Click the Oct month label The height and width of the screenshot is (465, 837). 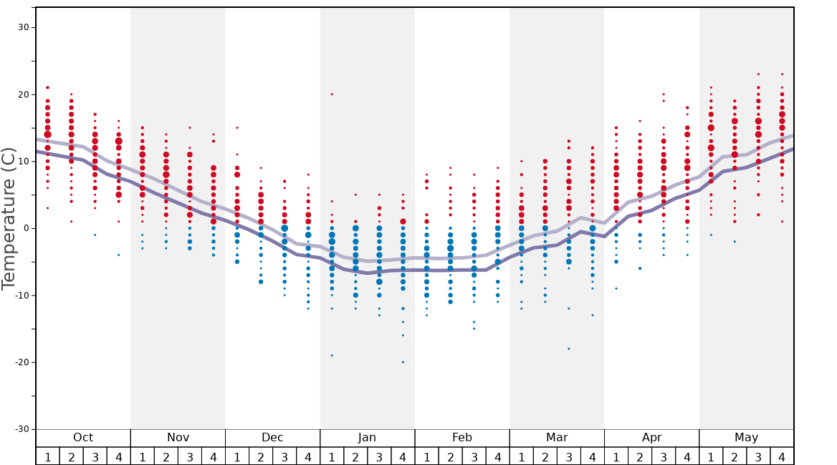(83, 438)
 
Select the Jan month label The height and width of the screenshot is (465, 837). (367, 438)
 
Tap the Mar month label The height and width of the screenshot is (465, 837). (557, 438)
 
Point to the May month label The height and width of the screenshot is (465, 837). (746, 438)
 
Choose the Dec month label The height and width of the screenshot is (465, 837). (272, 438)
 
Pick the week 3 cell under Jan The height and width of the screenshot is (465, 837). (379, 456)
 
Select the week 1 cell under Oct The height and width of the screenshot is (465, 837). (47, 456)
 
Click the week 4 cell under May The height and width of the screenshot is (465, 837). (782, 456)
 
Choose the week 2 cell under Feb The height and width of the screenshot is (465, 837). (450, 456)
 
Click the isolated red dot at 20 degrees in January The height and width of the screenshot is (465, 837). (332, 94)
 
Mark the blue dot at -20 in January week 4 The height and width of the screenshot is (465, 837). (403, 362)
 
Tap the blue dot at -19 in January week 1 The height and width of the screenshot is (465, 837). (332, 355)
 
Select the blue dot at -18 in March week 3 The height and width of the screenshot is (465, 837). (569, 349)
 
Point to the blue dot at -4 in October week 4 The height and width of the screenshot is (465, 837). (119, 255)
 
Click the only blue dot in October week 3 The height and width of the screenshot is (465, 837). (95, 235)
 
